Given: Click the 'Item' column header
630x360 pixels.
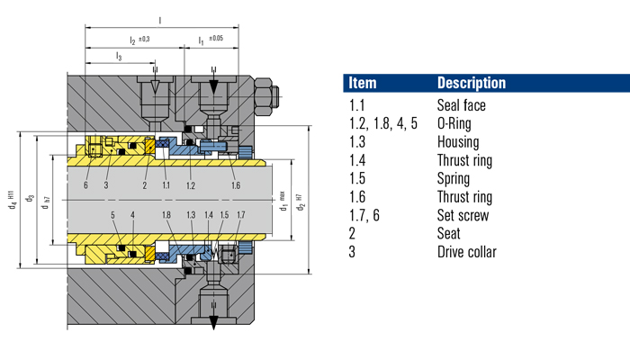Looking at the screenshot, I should (x=362, y=83).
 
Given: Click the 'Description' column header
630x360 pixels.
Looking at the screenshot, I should (x=471, y=83).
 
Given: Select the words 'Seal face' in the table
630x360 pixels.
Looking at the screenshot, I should (x=461, y=106).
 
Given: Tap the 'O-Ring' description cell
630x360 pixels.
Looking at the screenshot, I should (x=456, y=124).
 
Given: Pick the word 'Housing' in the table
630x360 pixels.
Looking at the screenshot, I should (x=457, y=142).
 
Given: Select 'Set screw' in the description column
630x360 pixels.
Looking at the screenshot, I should (x=463, y=215).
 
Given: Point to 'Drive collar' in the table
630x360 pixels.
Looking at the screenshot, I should (x=466, y=251).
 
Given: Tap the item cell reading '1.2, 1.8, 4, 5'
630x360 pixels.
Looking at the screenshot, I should (x=383, y=124).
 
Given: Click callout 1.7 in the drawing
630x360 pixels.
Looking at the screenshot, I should (x=239, y=216).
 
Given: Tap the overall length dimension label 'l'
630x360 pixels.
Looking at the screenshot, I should (x=159, y=19).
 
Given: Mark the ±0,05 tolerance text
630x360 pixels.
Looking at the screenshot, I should (x=216, y=39).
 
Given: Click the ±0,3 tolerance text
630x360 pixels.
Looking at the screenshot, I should (x=147, y=39).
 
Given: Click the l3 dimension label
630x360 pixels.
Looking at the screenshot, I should (x=119, y=57).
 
